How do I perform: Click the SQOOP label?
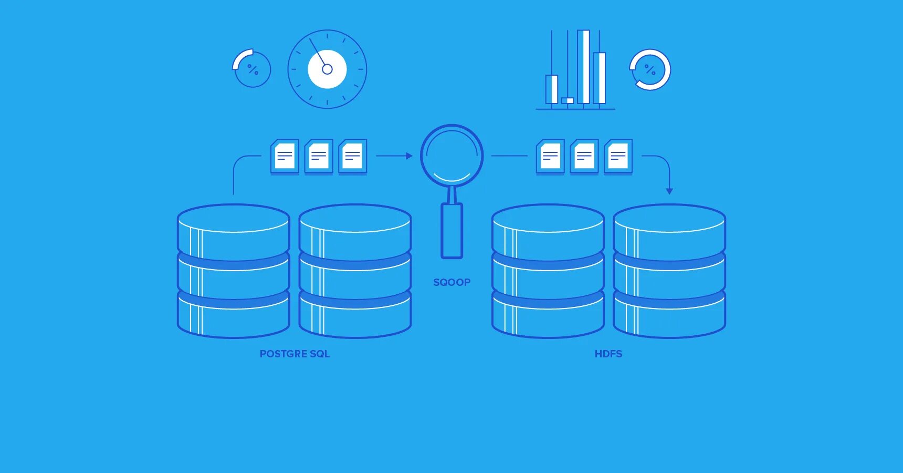(451, 282)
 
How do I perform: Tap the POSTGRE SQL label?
(295, 354)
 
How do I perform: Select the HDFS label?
(608, 354)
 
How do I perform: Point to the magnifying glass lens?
(451, 155)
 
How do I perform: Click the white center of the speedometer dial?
(327, 69)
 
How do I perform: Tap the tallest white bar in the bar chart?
(583, 67)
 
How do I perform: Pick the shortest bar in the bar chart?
(568, 100)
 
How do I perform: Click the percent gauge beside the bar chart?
(650, 69)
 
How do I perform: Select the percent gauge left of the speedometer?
(253, 69)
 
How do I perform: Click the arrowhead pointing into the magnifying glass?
(409, 156)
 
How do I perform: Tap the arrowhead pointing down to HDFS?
(669, 191)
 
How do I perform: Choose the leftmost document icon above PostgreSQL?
(285, 156)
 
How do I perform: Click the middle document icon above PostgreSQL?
(319, 156)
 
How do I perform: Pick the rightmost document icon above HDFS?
(618, 156)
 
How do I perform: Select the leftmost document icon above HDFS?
(550, 156)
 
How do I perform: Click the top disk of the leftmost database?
(234, 231)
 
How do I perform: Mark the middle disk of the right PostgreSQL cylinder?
(355, 279)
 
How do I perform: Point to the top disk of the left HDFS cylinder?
(548, 231)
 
